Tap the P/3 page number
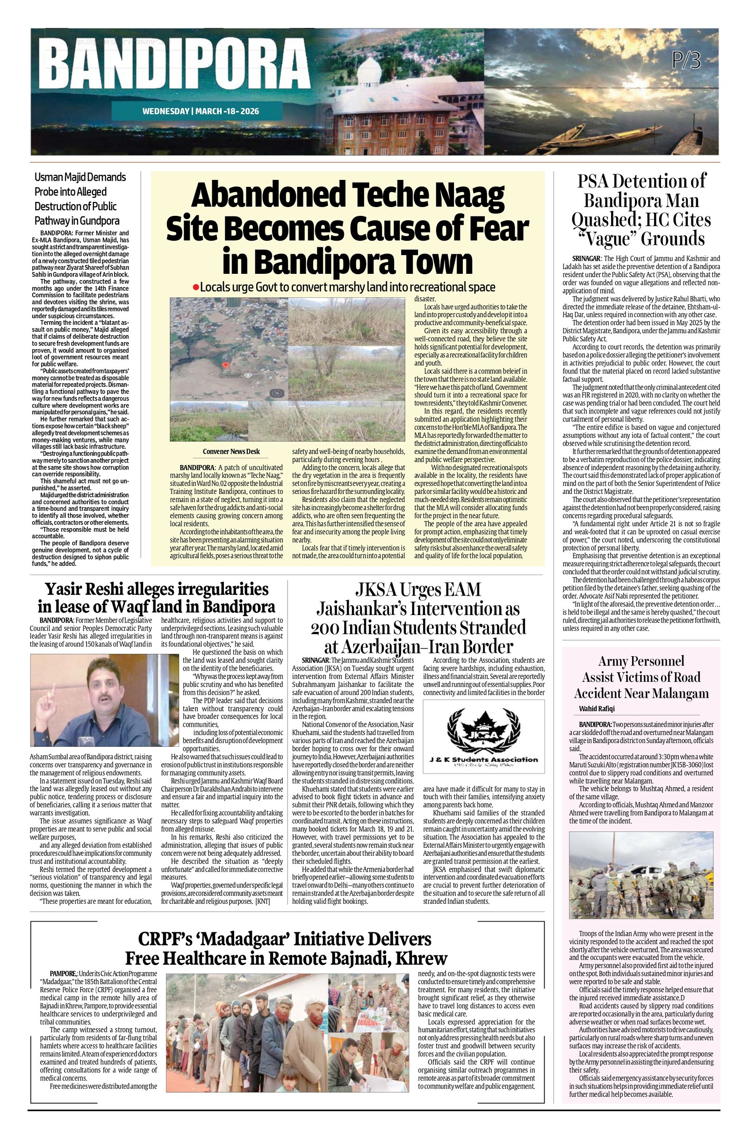pos(685,61)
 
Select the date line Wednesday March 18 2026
pos(201,111)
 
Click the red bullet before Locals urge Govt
pos(195,287)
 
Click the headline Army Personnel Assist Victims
pos(641,677)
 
